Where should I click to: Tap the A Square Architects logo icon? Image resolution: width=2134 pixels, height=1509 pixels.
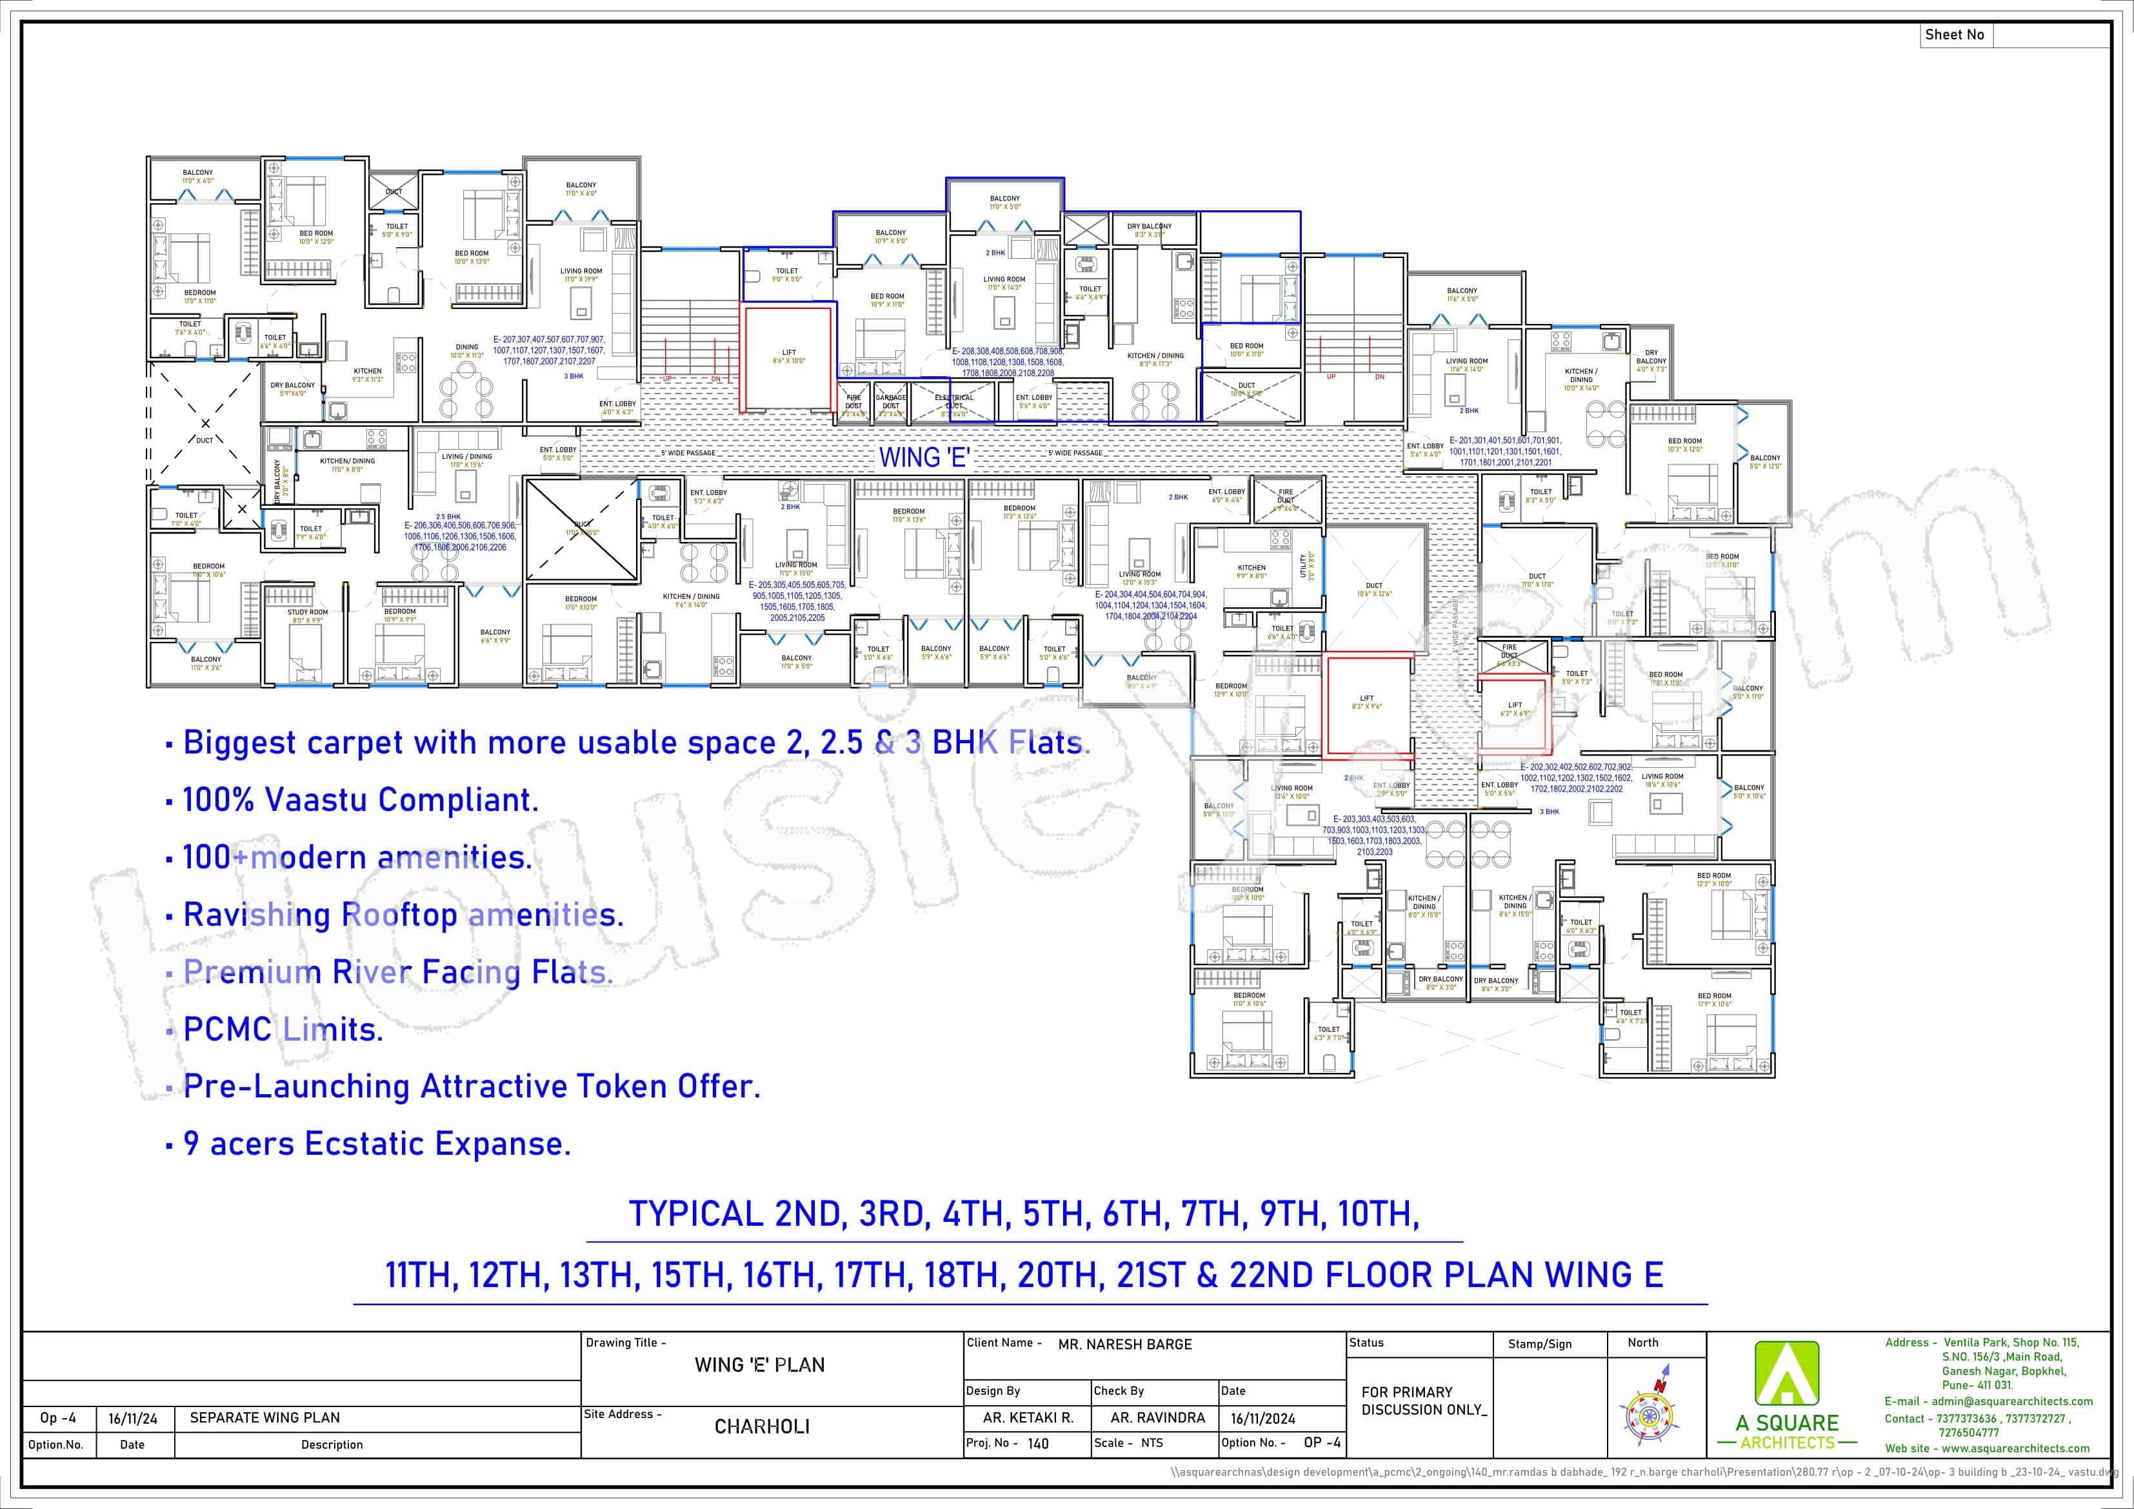tap(1786, 1375)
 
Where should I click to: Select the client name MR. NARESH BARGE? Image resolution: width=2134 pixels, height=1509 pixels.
tap(1124, 1344)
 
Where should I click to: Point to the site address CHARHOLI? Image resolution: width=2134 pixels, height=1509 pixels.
tap(761, 1426)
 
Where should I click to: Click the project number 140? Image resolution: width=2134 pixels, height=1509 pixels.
tap(1038, 1444)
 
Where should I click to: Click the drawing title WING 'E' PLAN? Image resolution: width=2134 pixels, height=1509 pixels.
tap(759, 1365)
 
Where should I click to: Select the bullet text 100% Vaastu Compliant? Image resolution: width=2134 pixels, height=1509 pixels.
tap(361, 799)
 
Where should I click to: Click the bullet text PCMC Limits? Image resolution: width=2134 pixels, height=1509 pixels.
tap(283, 1029)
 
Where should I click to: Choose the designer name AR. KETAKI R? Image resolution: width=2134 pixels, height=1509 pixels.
tap(1028, 1418)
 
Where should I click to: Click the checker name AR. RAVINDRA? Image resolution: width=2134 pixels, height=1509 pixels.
tap(1157, 1418)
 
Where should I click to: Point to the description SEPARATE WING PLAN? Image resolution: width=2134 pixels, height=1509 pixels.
tap(265, 1418)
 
